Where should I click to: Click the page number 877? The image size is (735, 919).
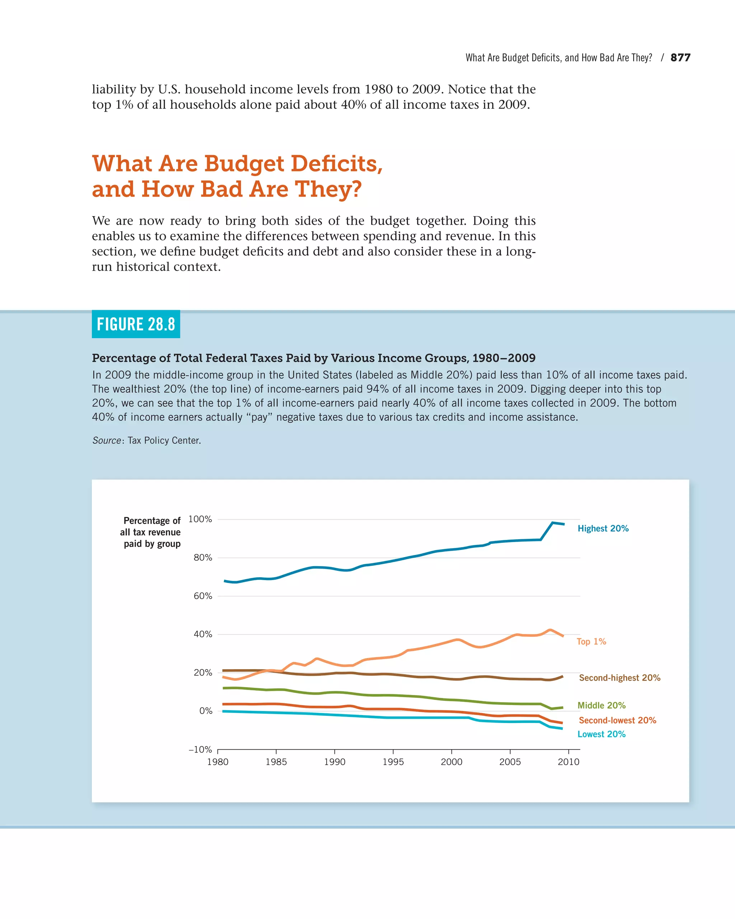pyautogui.click(x=680, y=57)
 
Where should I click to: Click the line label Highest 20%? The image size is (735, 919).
pyautogui.click(x=603, y=528)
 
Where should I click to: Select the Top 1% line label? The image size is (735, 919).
pyautogui.click(x=591, y=642)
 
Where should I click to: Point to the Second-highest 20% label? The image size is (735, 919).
pyautogui.click(x=619, y=678)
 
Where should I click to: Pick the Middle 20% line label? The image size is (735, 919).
pyautogui.click(x=601, y=705)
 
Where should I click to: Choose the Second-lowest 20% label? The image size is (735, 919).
pyautogui.click(x=617, y=720)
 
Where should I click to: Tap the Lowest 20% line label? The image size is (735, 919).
pyautogui.click(x=601, y=734)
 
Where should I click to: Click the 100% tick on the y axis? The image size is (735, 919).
pyautogui.click(x=200, y=519)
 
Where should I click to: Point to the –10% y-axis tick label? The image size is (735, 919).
pyautogui.click(x=200, y=749)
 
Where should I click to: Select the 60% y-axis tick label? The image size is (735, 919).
pyautogui.click(x=203, y=596)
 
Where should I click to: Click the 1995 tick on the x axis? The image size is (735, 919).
pyautogui.click(x=393, y=762)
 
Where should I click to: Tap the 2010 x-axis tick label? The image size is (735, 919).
pyautogui.click(x=568, y=762)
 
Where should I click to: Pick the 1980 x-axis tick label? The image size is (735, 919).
pyautogui.click(x=218, y=762)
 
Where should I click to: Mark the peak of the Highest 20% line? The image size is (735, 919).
pyautogui.click(x=552, y=523)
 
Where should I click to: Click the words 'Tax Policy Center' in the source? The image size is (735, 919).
pyautogui.click(x=164, y=440)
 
